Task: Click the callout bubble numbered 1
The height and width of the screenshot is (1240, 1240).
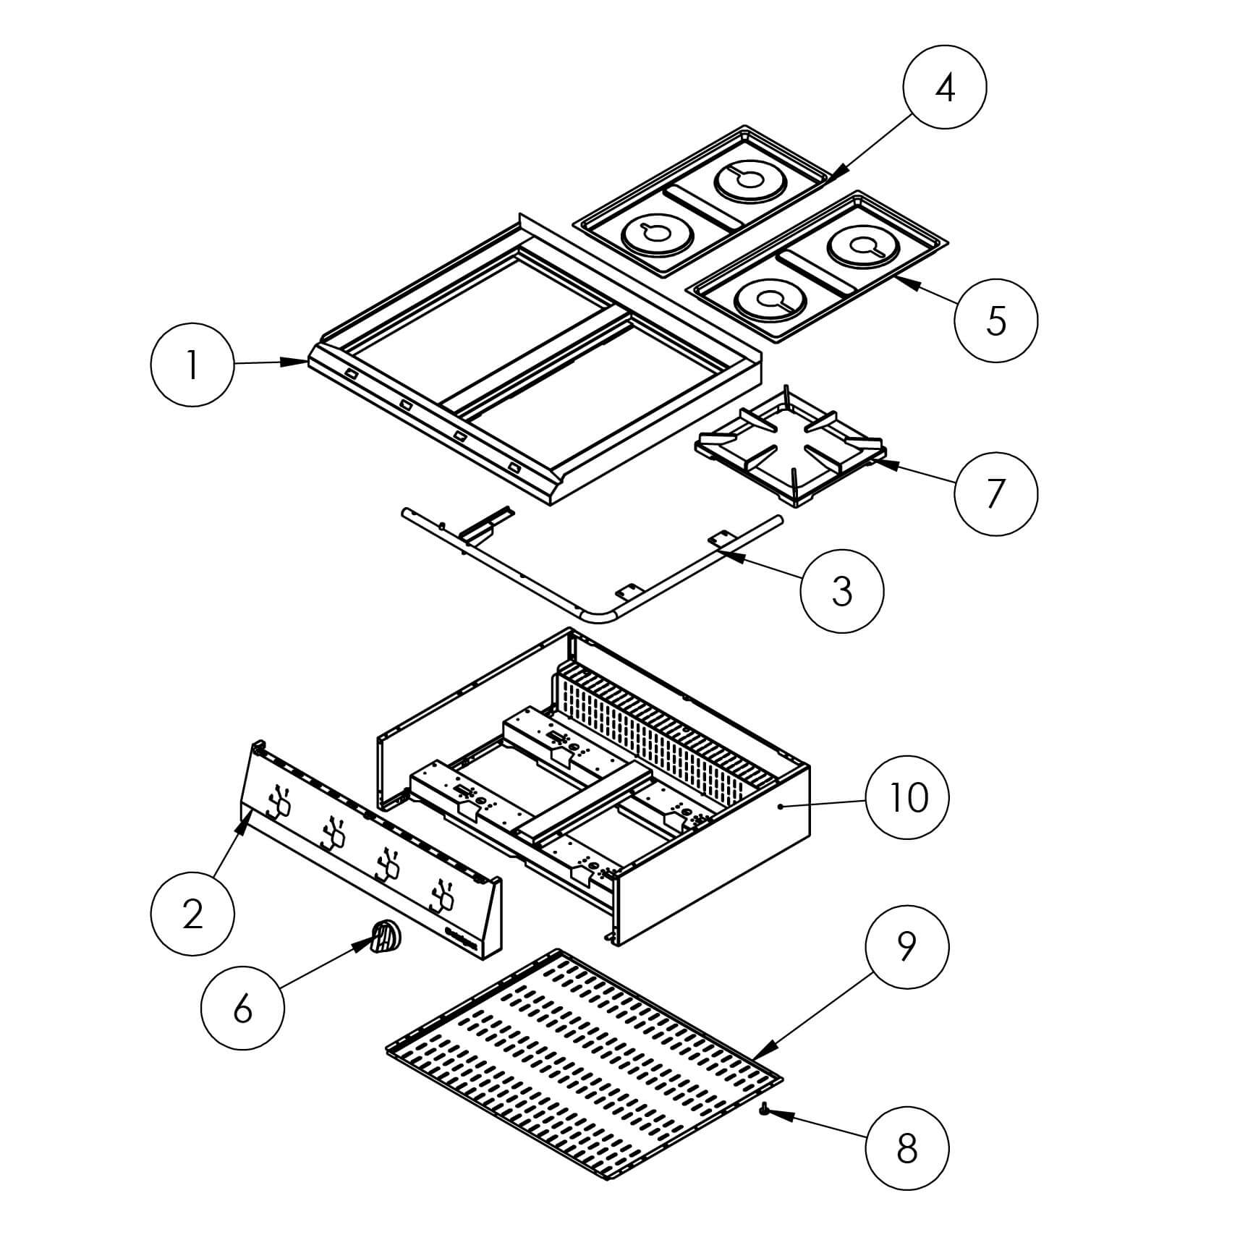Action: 192,365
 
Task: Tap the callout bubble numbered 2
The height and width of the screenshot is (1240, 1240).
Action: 192,914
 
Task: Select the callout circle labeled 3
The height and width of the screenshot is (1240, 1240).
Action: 842,590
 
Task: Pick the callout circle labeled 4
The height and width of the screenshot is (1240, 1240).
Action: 945,88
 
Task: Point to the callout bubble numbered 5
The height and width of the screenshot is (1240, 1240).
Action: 995,320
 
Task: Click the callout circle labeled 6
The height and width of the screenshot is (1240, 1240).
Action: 243,1007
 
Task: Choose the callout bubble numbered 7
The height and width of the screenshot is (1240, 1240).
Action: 995,494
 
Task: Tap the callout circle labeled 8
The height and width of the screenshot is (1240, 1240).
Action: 906,1147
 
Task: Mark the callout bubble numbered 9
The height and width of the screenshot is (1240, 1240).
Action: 906,946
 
